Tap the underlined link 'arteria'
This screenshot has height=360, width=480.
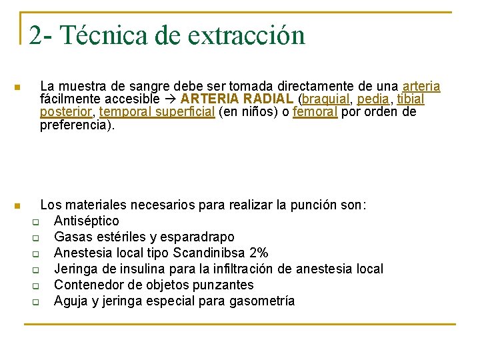tap(421, 87)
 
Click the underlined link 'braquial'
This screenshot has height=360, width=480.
tap(325, 99)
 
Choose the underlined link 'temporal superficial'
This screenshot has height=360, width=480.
tap(157, 112)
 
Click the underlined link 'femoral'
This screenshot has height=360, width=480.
tap(315, 112)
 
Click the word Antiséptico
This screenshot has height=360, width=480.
tap(87, 221)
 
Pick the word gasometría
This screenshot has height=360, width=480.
tap(261, 301)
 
